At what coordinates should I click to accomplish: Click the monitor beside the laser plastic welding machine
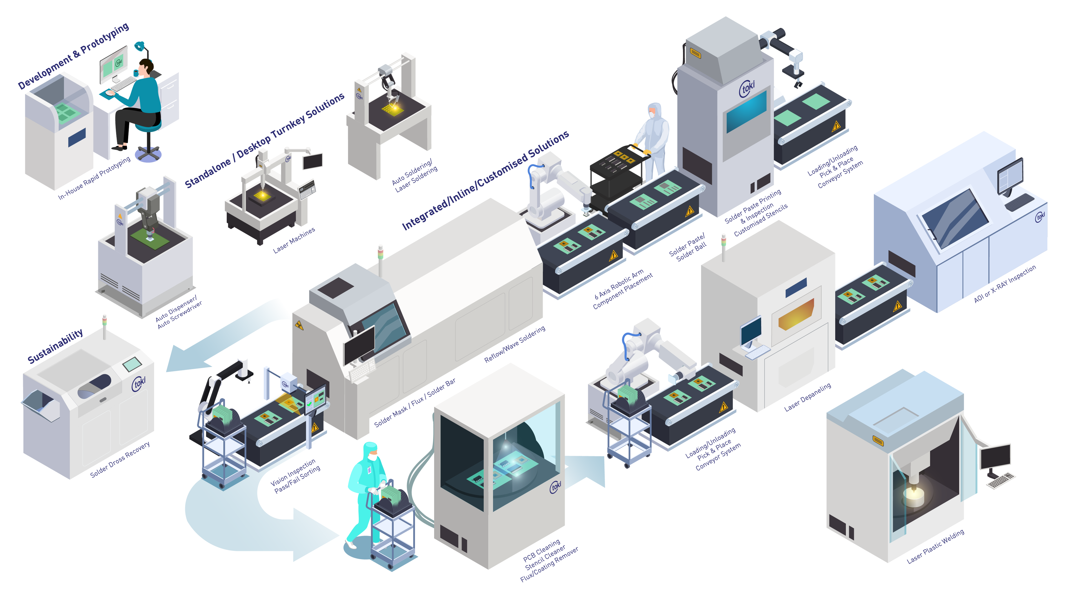[x=995, y=457]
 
